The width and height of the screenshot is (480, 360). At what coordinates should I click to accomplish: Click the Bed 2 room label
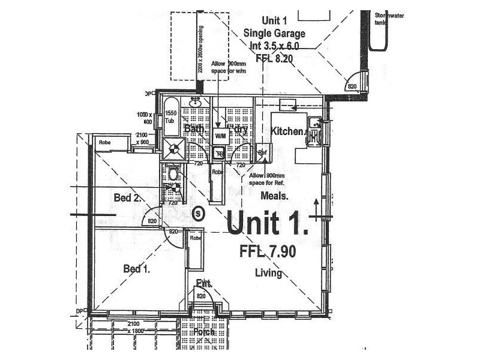[x=127, y=198]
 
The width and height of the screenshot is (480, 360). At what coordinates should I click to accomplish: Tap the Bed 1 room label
[x=136, y=269]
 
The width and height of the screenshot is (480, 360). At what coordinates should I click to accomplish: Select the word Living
[x=268, y=273]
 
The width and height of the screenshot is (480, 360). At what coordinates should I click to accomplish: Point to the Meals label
[x=275, y=196]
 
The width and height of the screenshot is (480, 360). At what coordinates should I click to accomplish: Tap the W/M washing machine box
[x=220, y=136]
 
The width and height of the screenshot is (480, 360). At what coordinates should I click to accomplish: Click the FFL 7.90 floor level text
[x=268, y=252]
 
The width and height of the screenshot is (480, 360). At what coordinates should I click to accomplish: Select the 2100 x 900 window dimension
[x=142, y=138]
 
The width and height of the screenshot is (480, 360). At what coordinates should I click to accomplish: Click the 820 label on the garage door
[x=352, y=87]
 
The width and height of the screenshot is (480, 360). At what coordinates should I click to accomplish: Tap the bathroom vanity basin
[x=196, y=103]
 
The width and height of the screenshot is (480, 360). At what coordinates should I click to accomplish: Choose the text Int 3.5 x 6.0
[x=275, y=45]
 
